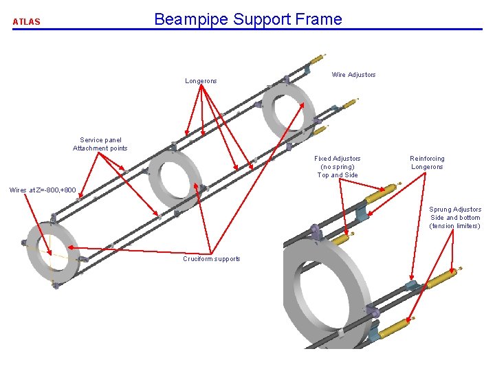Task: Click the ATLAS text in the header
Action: [x=26, y=21]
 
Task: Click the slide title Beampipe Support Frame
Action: [x=247, y=19]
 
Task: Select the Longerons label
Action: [x=201, y=81]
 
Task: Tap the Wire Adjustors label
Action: [x=353, y=74]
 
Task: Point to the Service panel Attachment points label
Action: [x=100, y=144]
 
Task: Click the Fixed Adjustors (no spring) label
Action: [x=338, y=166]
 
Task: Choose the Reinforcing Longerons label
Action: [x=427, y=163]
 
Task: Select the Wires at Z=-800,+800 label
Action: [x=43, y=190]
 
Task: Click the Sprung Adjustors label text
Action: [x=455, y=210]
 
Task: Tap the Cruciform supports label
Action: [x=212, y=259]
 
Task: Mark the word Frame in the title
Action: [x=320, y=19]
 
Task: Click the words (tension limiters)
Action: [x=454, y=226]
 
